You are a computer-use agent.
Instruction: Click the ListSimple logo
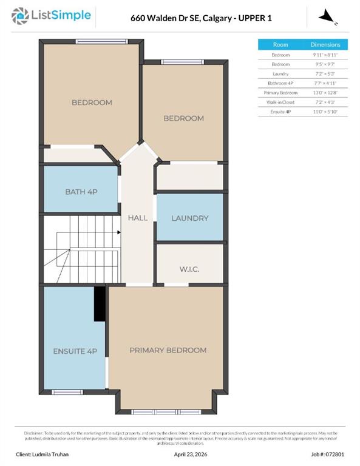coord(53,16)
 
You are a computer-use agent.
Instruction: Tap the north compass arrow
coord(327,16)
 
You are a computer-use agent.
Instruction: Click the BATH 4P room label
coord(81,192)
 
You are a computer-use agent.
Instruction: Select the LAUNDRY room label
coord(189,218)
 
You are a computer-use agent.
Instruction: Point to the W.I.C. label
coord(189,269)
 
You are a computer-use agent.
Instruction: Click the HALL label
coord(138,218)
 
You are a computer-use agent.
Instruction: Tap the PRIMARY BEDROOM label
coord(168,350)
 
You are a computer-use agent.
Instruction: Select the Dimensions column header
coord(325,45)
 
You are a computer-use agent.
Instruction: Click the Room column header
coord(280,45)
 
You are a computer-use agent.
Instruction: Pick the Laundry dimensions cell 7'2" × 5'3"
coord(325,73)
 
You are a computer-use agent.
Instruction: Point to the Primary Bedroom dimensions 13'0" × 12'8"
coord(325,92)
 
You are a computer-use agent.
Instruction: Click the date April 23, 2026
coord(192,454)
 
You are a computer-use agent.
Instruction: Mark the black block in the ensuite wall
coord(99,303)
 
